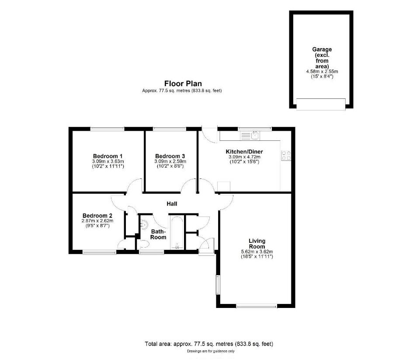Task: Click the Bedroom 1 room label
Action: [108, 156]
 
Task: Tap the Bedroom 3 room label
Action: [170, 156]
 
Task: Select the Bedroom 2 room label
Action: [97, 216]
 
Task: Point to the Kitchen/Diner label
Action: [244, 152]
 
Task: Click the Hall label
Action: [172, 204]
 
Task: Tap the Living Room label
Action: [257, 244]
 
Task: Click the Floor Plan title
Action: [183, 84]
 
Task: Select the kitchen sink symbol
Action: [250, 136]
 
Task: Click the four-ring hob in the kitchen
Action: [286, 155]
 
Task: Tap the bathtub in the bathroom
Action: [177, 233]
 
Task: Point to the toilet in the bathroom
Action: [143, 244]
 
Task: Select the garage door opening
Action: [321, 104]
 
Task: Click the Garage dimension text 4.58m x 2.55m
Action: [322, 72]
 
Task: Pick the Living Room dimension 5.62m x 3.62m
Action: [257, 252]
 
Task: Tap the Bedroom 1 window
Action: [108, 129]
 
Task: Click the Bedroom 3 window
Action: [170, 129]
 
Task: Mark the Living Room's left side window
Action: [217, 285]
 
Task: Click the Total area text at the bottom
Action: [209, 344]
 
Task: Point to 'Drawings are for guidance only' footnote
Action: [211, 351]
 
